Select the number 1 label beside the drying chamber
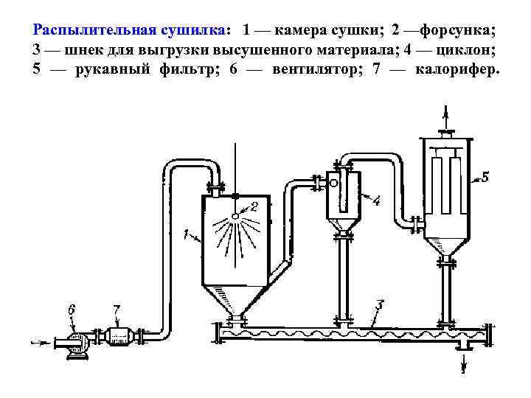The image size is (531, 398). [185, 236]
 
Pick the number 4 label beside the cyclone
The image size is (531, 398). [376, 200]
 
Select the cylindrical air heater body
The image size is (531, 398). [117, 337]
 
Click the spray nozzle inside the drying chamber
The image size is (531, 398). [235, 215]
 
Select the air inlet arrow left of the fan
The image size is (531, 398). [41, 342]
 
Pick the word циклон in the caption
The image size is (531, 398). [466, 50]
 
